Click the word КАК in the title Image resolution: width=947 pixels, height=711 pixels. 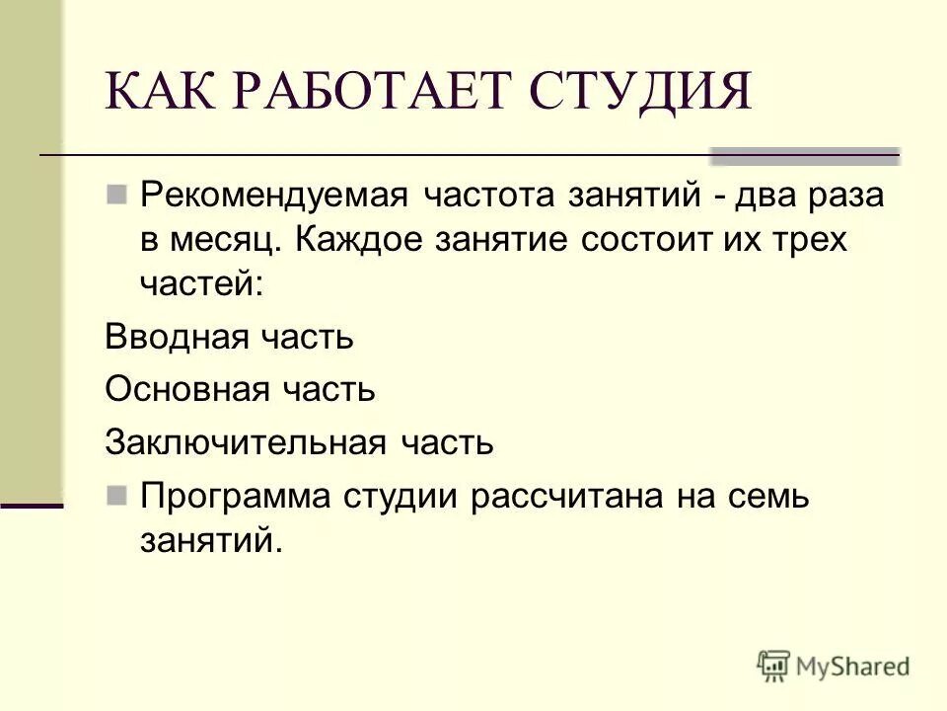click(158, 94)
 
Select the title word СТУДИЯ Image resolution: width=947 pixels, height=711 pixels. click(642, 94)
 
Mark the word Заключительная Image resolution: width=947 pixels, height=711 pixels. click(246, 441)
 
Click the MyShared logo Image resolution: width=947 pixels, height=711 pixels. click(834, 666)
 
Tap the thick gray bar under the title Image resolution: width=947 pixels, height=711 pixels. click(805, 155)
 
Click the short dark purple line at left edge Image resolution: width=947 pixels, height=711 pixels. click(32, 505)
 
